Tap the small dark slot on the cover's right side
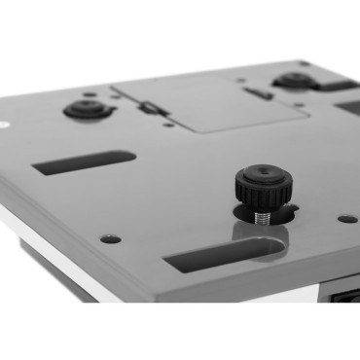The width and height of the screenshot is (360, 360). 257,93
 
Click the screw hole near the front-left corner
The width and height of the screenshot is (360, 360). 110,238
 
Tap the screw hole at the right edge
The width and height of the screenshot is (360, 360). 345,219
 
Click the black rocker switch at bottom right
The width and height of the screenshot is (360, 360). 345,295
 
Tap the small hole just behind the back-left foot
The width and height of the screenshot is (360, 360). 90,94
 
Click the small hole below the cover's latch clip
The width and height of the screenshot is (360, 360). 168,124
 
